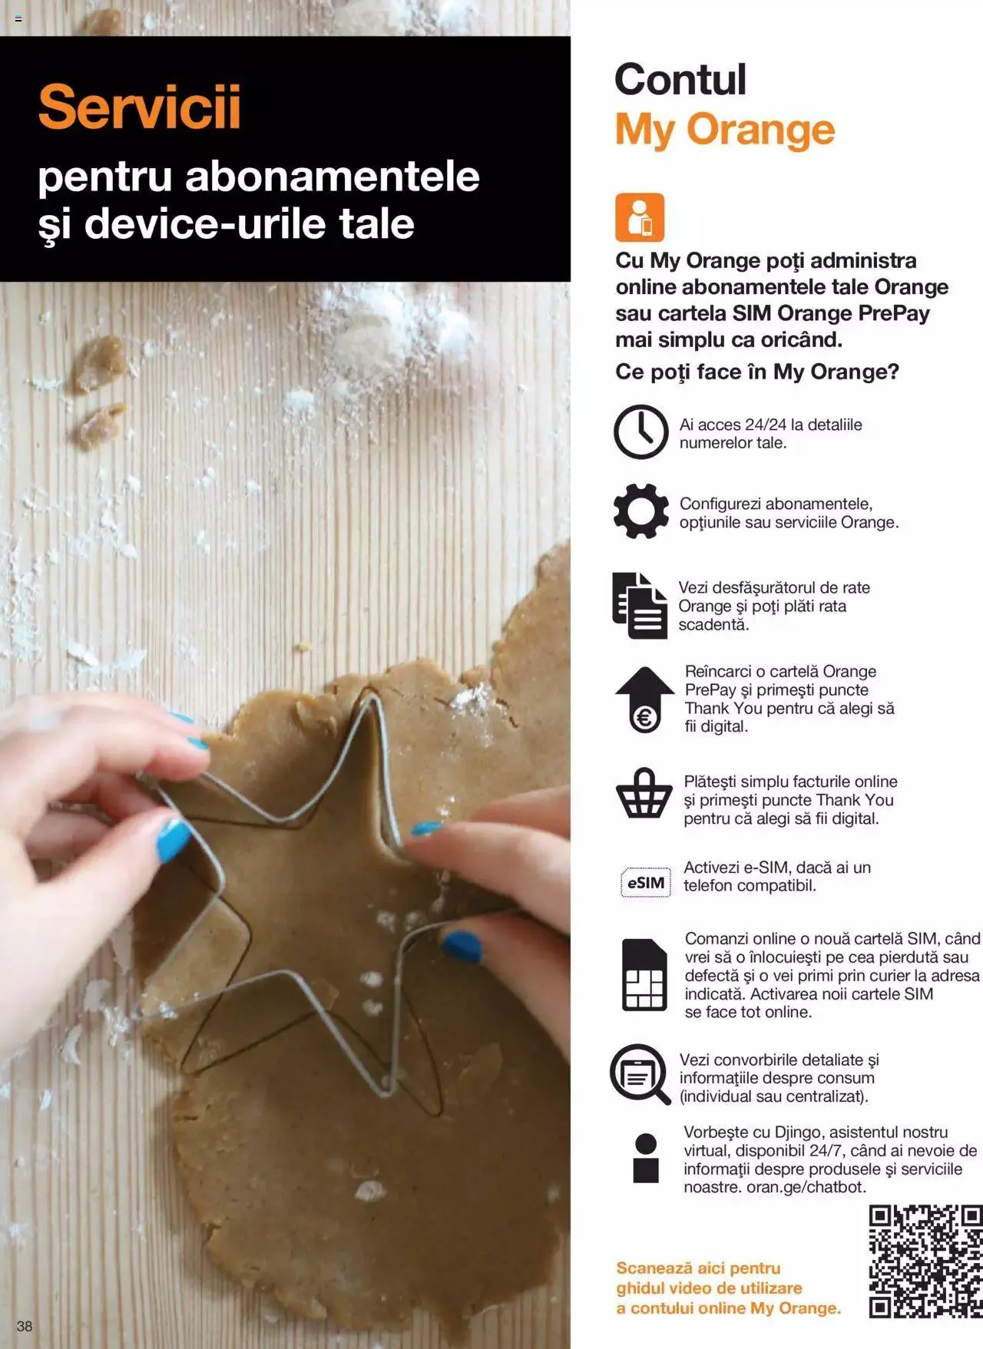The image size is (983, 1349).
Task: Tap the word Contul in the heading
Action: (x=680, y=80)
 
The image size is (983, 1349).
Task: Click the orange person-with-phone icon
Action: (x=639, y=217)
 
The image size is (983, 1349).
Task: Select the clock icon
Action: (x=640, y=432)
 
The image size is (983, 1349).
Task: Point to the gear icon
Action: (x=640, y=511)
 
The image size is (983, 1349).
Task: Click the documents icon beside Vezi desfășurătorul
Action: (x=640, y=606)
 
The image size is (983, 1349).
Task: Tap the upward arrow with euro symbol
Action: (x=644, y=699)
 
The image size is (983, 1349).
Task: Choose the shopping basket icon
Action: (x=644, y=793)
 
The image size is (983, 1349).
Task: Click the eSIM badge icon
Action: (x=645, y=882)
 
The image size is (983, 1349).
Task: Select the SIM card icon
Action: (x=644, y=974)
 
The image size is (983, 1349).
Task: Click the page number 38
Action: (x=25, y=1326)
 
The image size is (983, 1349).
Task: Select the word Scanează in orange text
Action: (x=655, y=1268)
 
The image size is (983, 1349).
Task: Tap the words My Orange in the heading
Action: (x=725, y=130)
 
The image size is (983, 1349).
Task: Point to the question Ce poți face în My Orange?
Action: (x=757, y=372)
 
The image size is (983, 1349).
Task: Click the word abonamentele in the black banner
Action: (x=333, y=176)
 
